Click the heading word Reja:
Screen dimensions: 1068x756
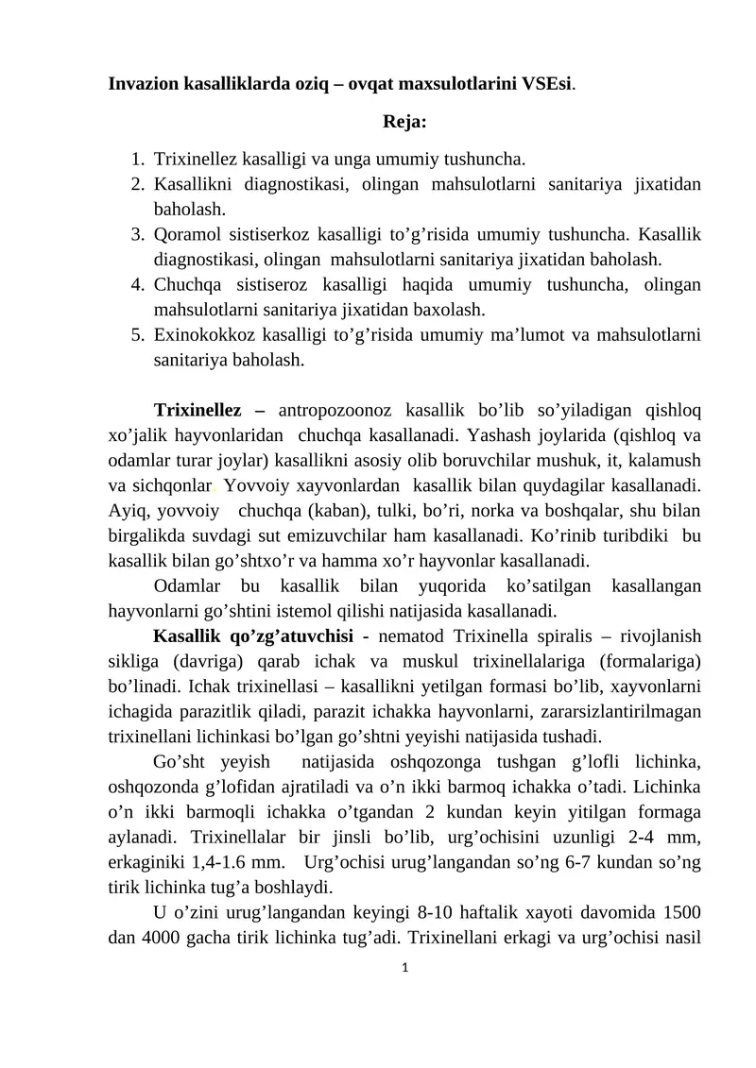(404, 122)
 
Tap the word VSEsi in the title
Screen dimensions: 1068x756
(546, 83)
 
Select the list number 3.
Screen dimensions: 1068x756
(137, 233)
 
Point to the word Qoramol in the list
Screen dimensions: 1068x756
(186, 233)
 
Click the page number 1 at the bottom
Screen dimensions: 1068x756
(404, 968)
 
